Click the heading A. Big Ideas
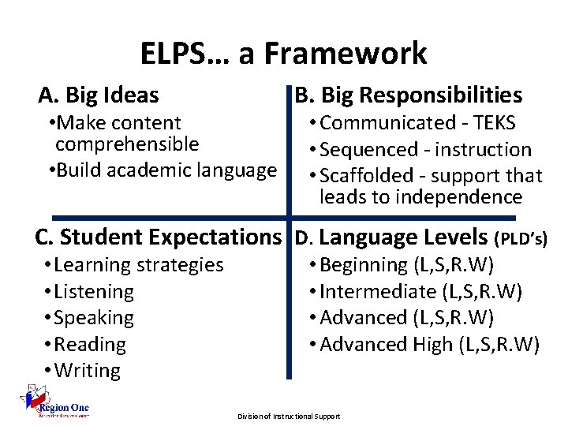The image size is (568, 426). [x=99, y=95]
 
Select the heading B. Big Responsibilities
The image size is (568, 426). [x=408, y=95]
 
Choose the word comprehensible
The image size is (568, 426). [x=127, y=144]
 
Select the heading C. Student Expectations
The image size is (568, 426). [x=158, y=237]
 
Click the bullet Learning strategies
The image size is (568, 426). [x=134, y=265]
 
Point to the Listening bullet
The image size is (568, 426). [x=90, y=292]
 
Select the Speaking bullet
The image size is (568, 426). [x=89, y=318]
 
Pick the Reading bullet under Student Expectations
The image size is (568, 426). [x=85, y=345]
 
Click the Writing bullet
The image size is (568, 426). [x=83, y=371]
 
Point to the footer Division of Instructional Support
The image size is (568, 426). [x=289, y=416]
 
